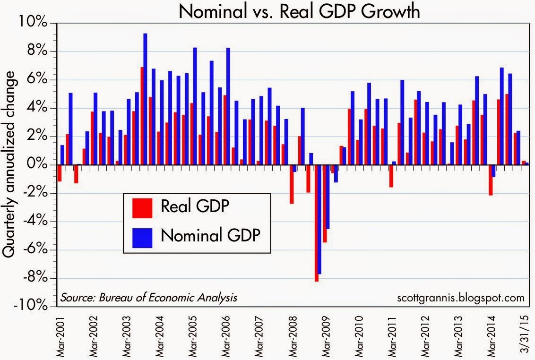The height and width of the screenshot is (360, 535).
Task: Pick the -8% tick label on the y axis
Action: click(x=36, y=278)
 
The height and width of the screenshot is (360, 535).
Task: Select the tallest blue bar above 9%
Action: click(x=146, y=99)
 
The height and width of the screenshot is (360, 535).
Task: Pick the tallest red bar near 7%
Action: click(x=142, y=116)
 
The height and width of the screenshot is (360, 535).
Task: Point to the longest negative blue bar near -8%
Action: click(x=320, y=219)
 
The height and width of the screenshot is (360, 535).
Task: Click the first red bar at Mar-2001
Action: click(x=60, y=173)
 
